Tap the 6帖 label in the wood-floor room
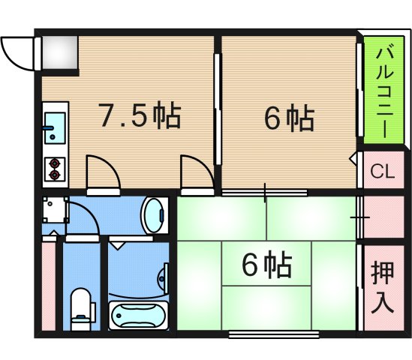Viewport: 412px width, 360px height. [x=289, y=118]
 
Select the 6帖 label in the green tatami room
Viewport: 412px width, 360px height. [x=266, y=264]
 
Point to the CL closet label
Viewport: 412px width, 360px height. [x=383, y=172]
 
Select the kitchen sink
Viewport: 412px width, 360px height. [x=55, y=128]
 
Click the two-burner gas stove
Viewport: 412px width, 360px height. [x=55, y=169]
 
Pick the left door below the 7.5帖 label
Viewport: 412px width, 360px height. [x=102, y=172]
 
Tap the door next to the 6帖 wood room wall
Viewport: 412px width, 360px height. [x=197, y=172]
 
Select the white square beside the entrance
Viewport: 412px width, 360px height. [x=59, y=51]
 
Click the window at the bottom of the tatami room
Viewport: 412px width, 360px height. [x=266, y=333]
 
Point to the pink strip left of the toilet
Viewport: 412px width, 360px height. [x=48, y=285]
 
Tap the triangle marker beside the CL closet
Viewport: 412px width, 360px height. [x=353, y=159]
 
